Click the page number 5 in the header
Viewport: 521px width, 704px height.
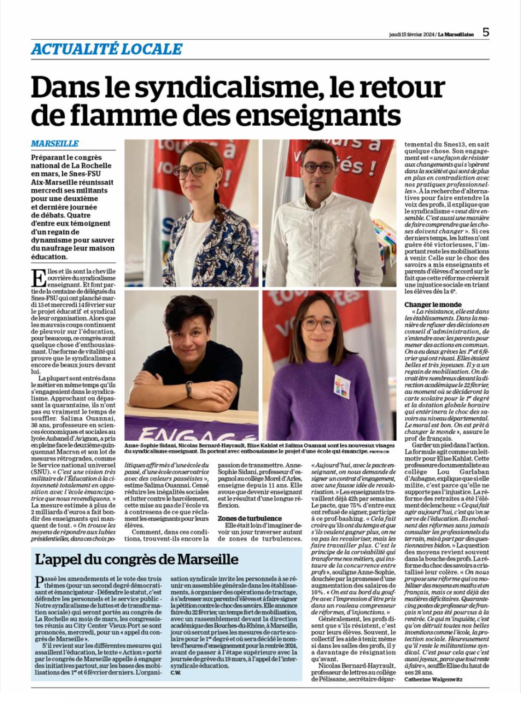click(x=485, y=32)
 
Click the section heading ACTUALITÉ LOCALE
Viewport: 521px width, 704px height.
click(x=107, y=49)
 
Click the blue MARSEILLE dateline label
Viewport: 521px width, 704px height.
click(x=55, y=143)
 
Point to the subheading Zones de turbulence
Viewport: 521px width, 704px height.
click(x=249, y=519)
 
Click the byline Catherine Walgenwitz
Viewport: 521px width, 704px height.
click(x=433, y=679)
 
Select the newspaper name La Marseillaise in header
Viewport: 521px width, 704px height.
click(x=455, y=34)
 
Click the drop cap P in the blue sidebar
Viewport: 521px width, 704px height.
click(x=40, y=582)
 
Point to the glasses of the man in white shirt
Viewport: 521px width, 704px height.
click(x=319, y=168)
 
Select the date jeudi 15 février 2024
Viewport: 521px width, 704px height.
click(x=411, y=34)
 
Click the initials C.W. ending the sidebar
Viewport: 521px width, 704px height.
click(x=176, y=673)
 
